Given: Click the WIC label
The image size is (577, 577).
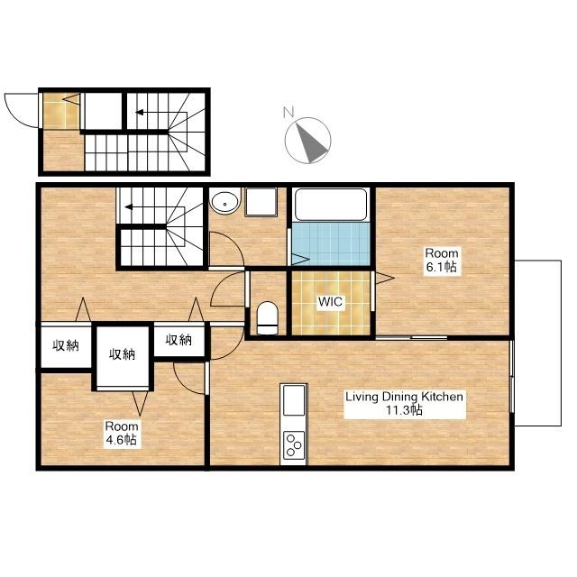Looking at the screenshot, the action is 330,301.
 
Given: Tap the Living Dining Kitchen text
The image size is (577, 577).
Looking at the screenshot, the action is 404,397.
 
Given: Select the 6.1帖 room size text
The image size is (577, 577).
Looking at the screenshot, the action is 441,267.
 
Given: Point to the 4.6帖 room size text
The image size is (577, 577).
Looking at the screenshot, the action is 122,439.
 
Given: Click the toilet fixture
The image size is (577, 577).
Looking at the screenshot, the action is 267,318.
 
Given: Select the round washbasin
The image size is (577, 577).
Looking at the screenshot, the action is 224,201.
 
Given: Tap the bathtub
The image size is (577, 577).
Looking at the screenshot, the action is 331,205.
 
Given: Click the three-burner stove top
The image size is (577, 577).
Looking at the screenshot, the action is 294,445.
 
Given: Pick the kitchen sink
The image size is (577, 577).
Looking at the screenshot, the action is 294,400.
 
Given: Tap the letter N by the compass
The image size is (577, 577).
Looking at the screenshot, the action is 288,112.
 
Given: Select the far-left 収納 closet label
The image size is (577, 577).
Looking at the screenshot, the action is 66,345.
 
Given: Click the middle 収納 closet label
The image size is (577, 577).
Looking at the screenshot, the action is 123,354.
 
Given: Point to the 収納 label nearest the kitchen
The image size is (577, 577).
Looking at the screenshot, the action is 179,340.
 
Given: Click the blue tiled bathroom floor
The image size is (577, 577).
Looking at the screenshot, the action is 331,243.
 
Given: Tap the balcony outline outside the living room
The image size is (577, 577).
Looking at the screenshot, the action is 561,343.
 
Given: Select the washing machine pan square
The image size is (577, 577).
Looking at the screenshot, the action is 261,201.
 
